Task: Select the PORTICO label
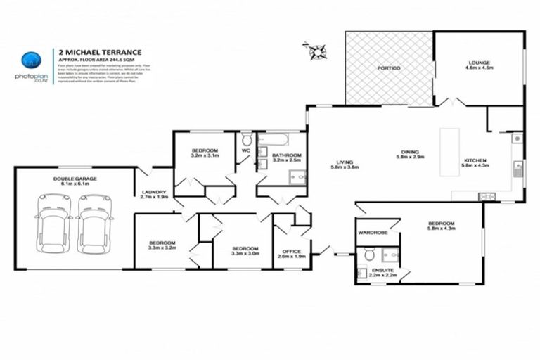click(388, 67)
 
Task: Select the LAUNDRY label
click(153, 194)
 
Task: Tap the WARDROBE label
click(373, 231)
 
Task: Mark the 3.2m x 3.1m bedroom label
click(205, 153)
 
